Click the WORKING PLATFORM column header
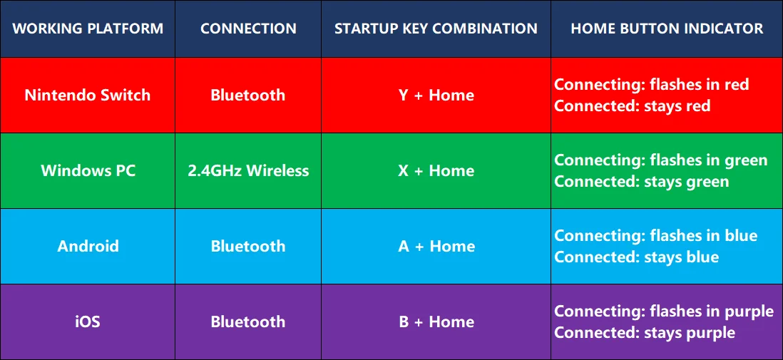coord(88,29)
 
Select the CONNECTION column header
coord(248,29)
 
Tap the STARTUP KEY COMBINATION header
coord(436,29)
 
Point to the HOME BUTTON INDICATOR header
coord(667,29)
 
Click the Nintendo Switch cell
coord(88,95)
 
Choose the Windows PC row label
coord(88,171)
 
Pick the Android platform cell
coord(88,246)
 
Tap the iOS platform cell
coord(88,322)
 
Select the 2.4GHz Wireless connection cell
coord(248,171)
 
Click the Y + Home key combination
coord(436,95)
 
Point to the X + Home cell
coord(436,171)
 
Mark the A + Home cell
coord(436,246)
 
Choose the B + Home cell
coord(436,322)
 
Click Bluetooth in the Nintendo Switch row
coord(248,95)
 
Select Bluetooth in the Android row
coord(248,246)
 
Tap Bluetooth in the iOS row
coord(248,322)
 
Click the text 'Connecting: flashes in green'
coord(660,160)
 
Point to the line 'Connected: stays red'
coord(633,106)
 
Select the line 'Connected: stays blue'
coord(637,257)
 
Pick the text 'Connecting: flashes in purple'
coord(664,312)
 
